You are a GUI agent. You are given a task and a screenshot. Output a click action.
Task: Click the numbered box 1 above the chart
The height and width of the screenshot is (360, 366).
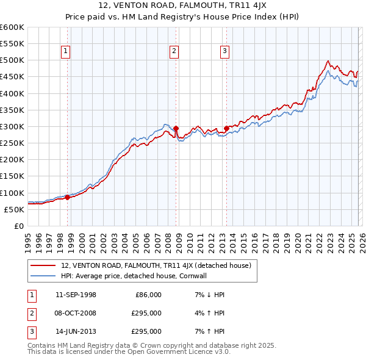click(65, 52)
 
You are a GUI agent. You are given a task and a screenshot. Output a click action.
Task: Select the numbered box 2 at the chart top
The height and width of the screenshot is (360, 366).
click(174, 52)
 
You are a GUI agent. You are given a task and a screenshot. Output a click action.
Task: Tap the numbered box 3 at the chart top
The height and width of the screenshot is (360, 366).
click(224, 52)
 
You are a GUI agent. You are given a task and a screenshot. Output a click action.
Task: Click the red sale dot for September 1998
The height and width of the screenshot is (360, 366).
click(67, 197)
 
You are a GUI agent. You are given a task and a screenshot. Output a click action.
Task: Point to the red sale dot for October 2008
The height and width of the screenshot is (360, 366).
click(176, 129)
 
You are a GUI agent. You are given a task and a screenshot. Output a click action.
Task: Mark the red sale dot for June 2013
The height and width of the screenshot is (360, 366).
click(226, 129)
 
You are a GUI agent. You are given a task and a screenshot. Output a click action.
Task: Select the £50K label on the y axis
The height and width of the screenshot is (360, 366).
click(15, 209)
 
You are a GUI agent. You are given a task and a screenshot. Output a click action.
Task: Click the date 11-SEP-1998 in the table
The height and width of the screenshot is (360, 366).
click(76, 295)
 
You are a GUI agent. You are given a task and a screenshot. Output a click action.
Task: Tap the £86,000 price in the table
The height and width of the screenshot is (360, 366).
click(148, 295)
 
